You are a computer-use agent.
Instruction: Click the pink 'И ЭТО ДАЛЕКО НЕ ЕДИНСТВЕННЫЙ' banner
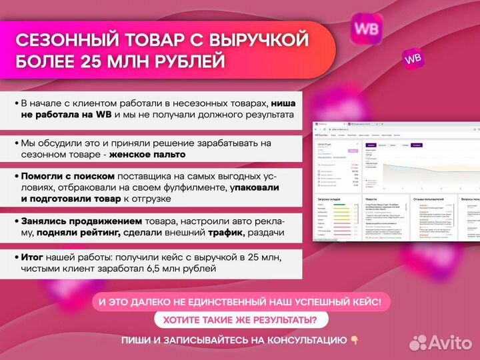[x=240, y=302]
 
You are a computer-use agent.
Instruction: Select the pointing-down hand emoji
[x=355, y=340]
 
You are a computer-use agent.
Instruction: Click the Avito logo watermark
[x=439, y=342]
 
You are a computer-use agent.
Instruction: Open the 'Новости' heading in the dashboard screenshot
[x=371, y=199]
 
